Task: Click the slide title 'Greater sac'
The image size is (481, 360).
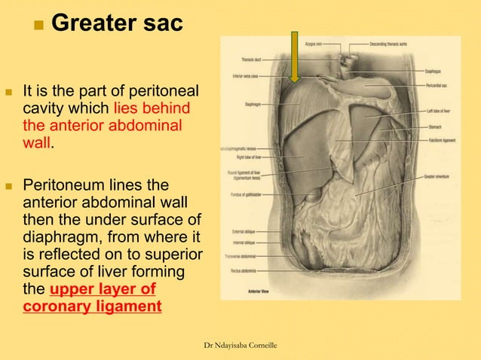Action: (116, 23)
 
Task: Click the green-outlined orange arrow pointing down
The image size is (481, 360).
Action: (295, 56)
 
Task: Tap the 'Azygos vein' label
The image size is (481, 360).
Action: (315, 44)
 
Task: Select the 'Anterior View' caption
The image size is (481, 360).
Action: (259, 289)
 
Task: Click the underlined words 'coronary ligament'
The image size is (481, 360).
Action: (93, 308)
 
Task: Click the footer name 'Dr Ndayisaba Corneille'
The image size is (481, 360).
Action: (241, 345)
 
